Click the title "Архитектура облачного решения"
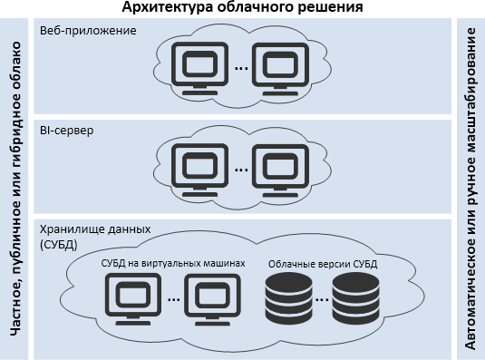click(242, 8)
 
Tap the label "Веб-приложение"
click(88, 31)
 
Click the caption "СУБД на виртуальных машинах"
click(173, 263)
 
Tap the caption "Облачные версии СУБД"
click(322, 263)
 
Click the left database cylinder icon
click(285, 298)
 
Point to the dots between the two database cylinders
click(320, 298)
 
